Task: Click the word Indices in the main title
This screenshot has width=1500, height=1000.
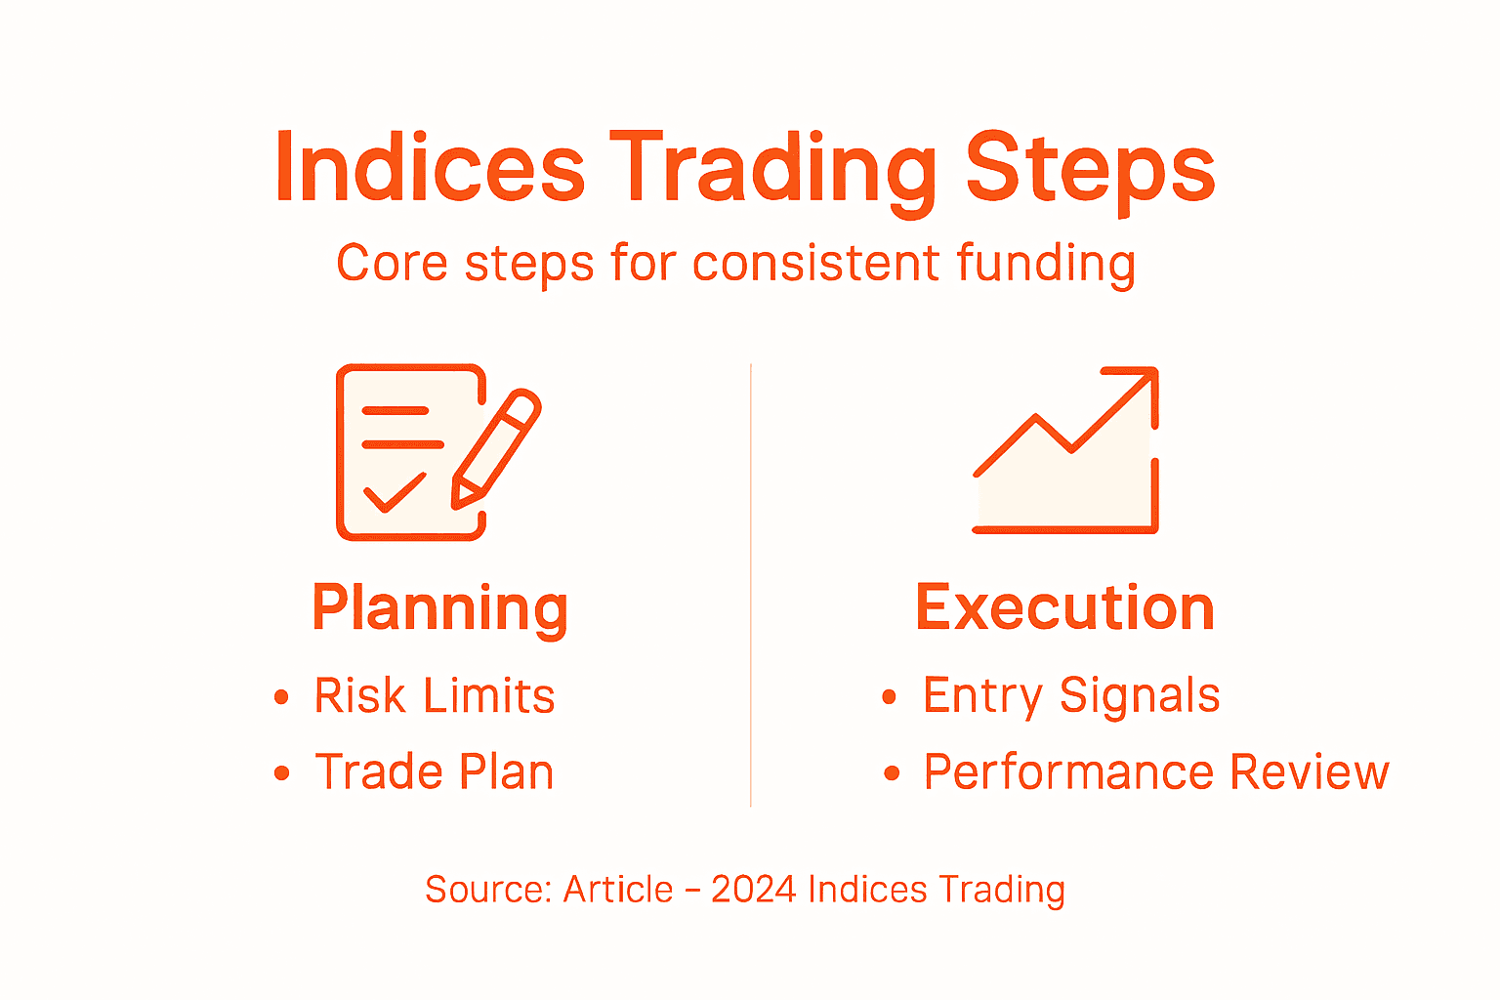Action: (x=430, y=168)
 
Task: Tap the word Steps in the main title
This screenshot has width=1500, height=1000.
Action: (x=1090, y=168)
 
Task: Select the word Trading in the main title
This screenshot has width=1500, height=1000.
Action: (x=772, y=168)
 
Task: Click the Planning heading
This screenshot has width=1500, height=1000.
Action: (x=439, y=608)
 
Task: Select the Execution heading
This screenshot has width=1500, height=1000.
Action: (x=1064, y=608)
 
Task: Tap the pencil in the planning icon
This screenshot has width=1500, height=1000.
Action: (x=496, y=448)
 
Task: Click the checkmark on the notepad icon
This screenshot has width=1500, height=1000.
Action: (x=394, y=492)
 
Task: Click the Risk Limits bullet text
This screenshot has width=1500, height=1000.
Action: (x=435, y=696)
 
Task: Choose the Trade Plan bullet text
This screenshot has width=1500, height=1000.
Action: (x=435, y=772)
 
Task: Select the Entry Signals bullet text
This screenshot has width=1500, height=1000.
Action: (x=1071, y=696)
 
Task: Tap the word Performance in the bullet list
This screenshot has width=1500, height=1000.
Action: (x=1070, y=772)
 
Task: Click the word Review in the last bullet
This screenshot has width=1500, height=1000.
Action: (x=1310, y=772)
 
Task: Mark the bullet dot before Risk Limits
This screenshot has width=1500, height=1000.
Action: (x=282, y=697)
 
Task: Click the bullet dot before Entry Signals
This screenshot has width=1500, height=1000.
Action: (x=889, y=697)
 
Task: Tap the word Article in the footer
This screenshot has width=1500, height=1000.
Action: (x=618, y=890)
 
